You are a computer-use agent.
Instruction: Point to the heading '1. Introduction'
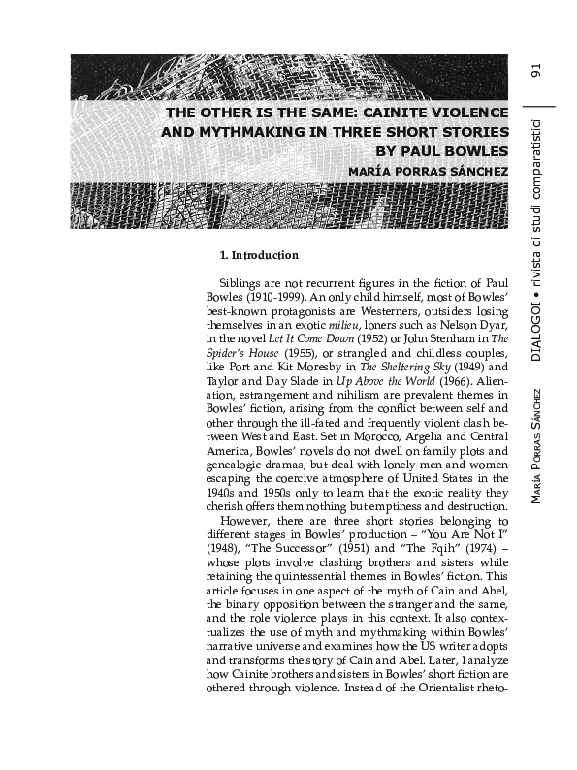point(259,256)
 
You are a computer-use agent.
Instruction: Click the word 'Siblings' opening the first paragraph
point(242,282)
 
